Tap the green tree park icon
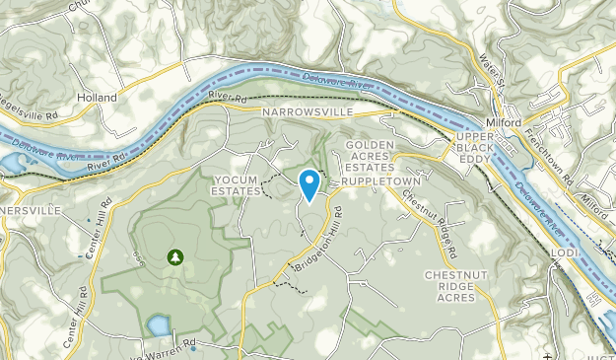[175, 257]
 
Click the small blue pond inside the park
[158, 324]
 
